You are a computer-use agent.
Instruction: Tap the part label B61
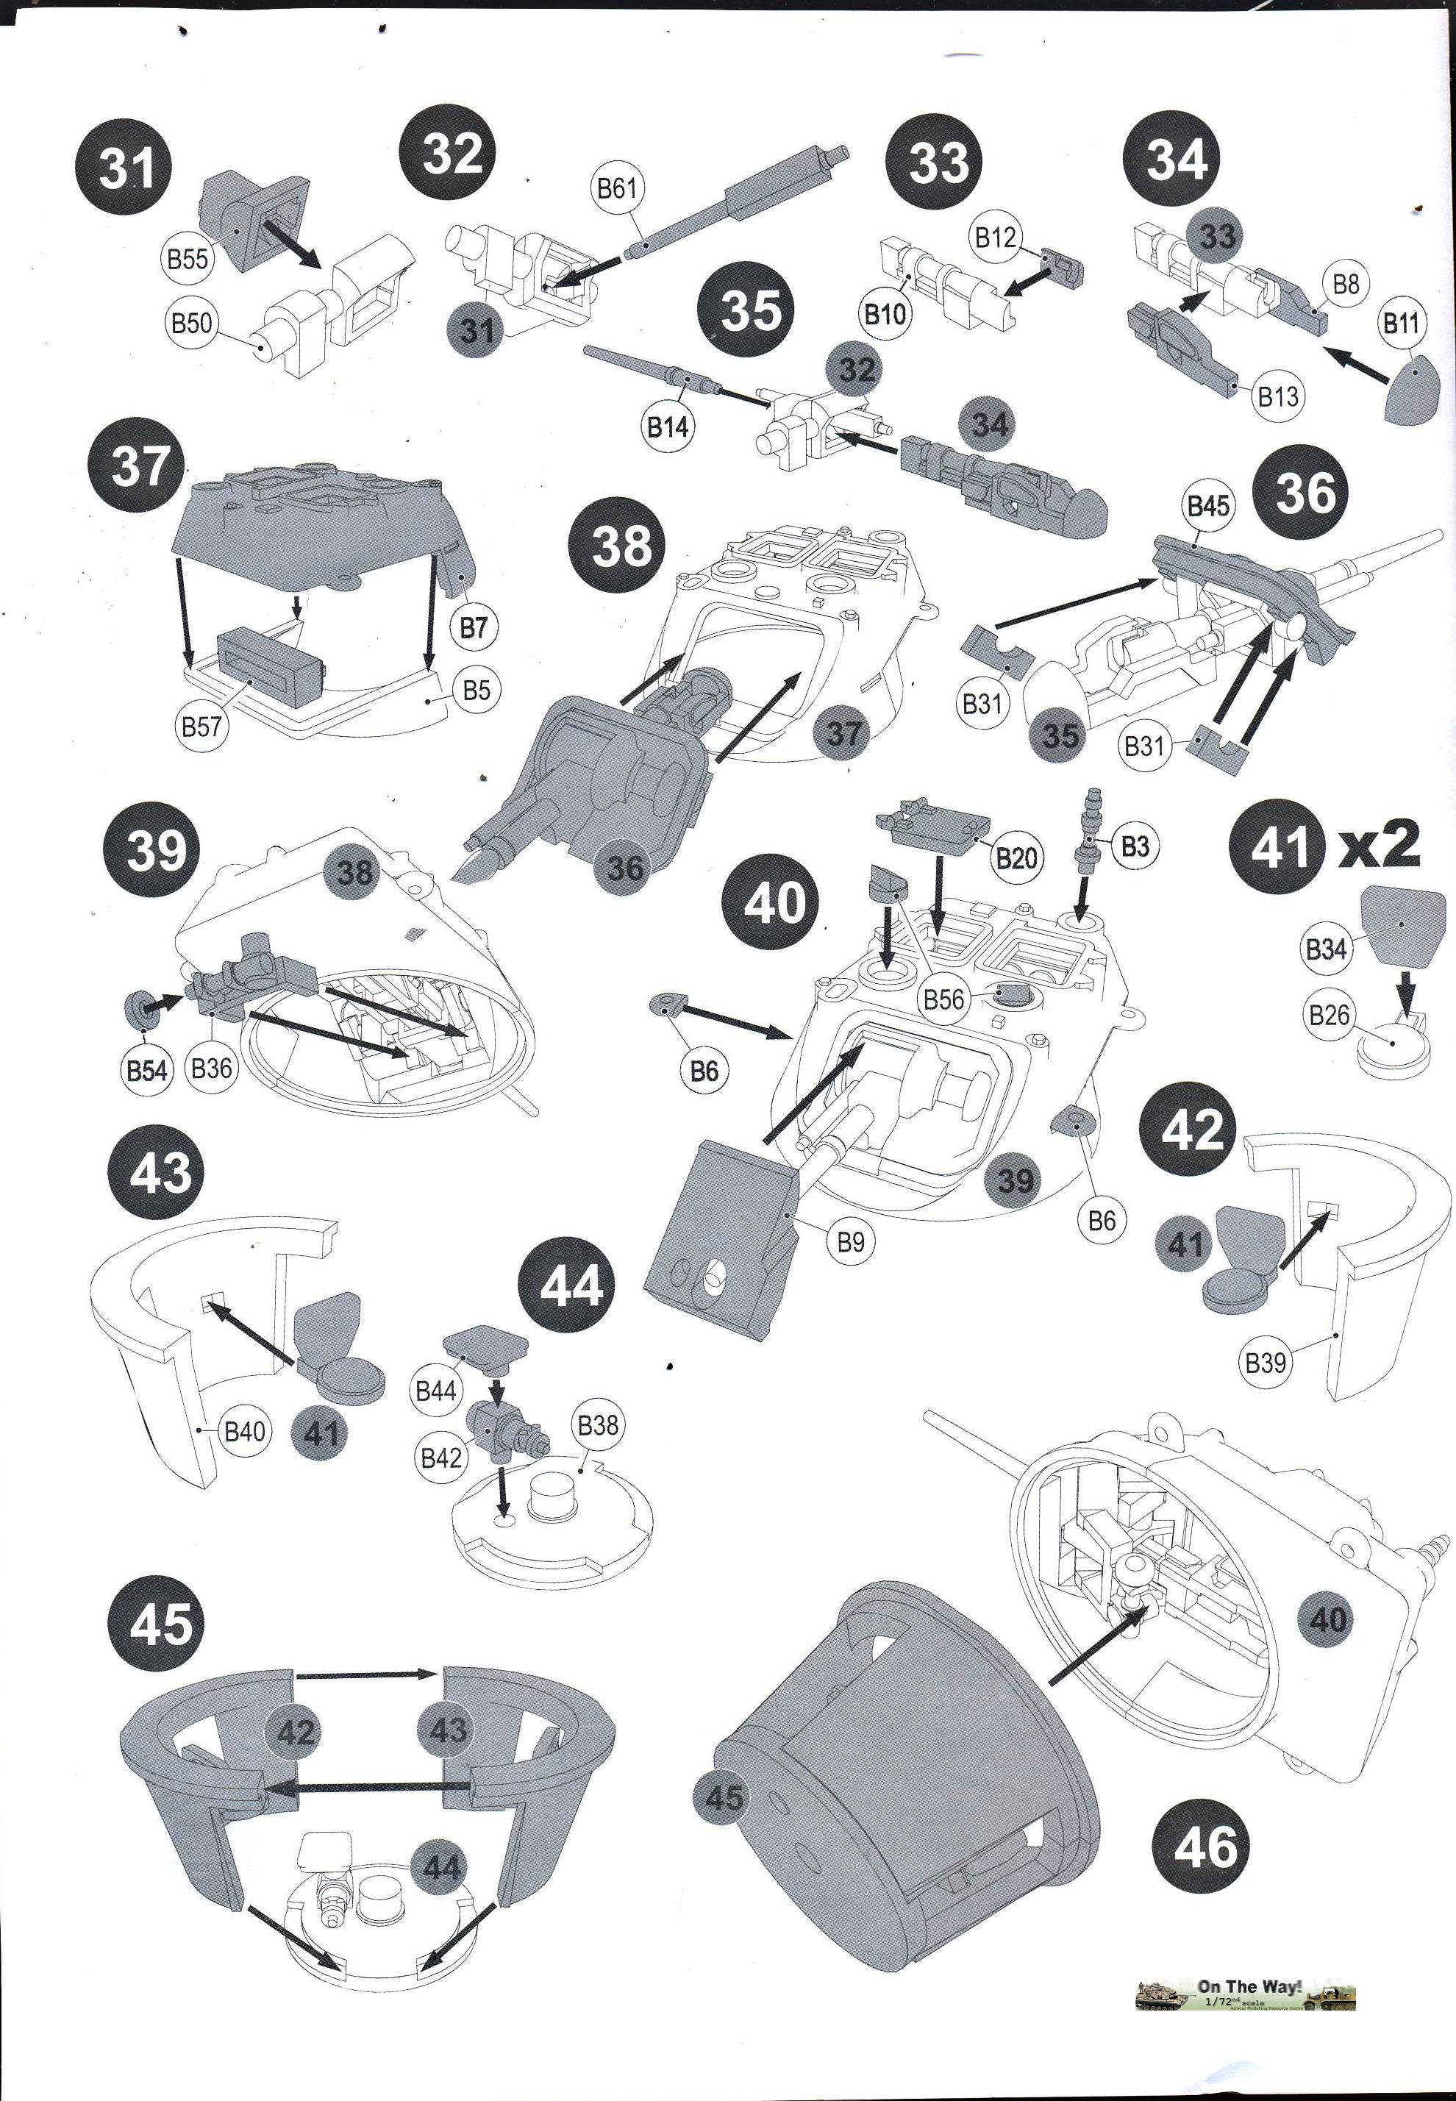click(617, 189)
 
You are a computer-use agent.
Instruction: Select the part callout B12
click(994, 238)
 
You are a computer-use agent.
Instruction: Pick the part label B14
click(667, 425)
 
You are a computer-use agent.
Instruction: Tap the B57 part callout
click(201, 727)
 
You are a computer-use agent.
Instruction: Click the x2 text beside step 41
click(1380, 844)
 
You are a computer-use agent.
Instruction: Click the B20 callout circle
click(1017, 857)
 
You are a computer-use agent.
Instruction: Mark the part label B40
click(244, 1430)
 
